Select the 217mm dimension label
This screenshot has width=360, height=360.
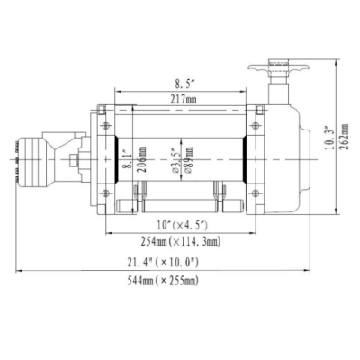(184, 99)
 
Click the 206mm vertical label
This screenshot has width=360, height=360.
(143, 159)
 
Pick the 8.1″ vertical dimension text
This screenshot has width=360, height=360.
(128, 159)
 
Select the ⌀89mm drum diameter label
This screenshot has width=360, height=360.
(189, 159)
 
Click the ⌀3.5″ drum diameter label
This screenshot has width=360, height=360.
(176, 159)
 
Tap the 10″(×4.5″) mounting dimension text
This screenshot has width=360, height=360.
(182, 225)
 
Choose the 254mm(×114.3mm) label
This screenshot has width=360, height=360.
(181, 240)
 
